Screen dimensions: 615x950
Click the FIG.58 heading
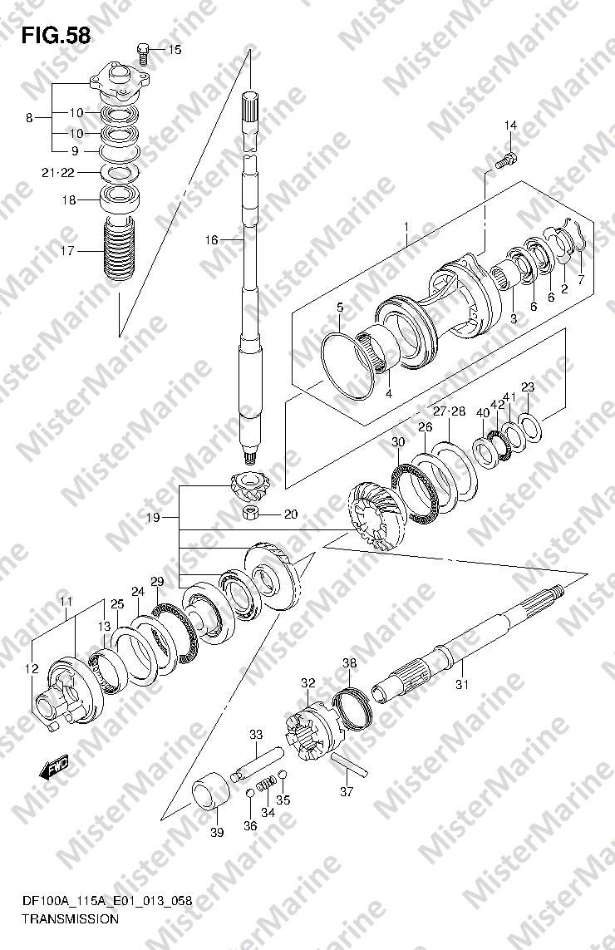[x=56, y=36]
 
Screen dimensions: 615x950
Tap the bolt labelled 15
[x=143, y=52]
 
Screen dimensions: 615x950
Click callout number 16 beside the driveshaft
[x=211, y=240]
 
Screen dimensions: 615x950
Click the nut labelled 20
[x=250, y=513]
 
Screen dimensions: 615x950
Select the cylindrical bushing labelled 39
[x=211, y=791]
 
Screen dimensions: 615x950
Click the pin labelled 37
[x=349, y=764]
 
